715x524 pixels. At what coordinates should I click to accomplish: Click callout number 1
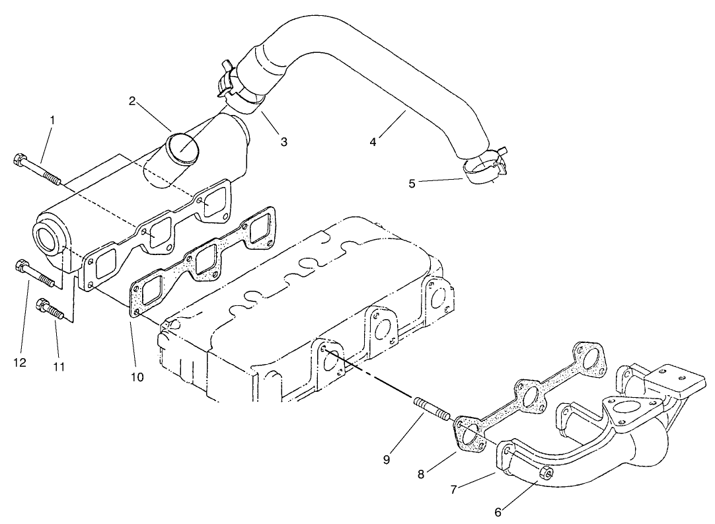pos(52,120)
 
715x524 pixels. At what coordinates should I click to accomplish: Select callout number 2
pos(133,100)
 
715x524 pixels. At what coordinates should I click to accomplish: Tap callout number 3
pos(283,141)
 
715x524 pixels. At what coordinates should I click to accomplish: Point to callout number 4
pos(373,141)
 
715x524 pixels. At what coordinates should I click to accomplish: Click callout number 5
pos(412,183)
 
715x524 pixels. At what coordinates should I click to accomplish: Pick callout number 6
pos(498,512)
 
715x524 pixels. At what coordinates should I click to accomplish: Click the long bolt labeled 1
pos(36,169)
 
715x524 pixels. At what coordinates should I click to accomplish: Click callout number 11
pos(59,366)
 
